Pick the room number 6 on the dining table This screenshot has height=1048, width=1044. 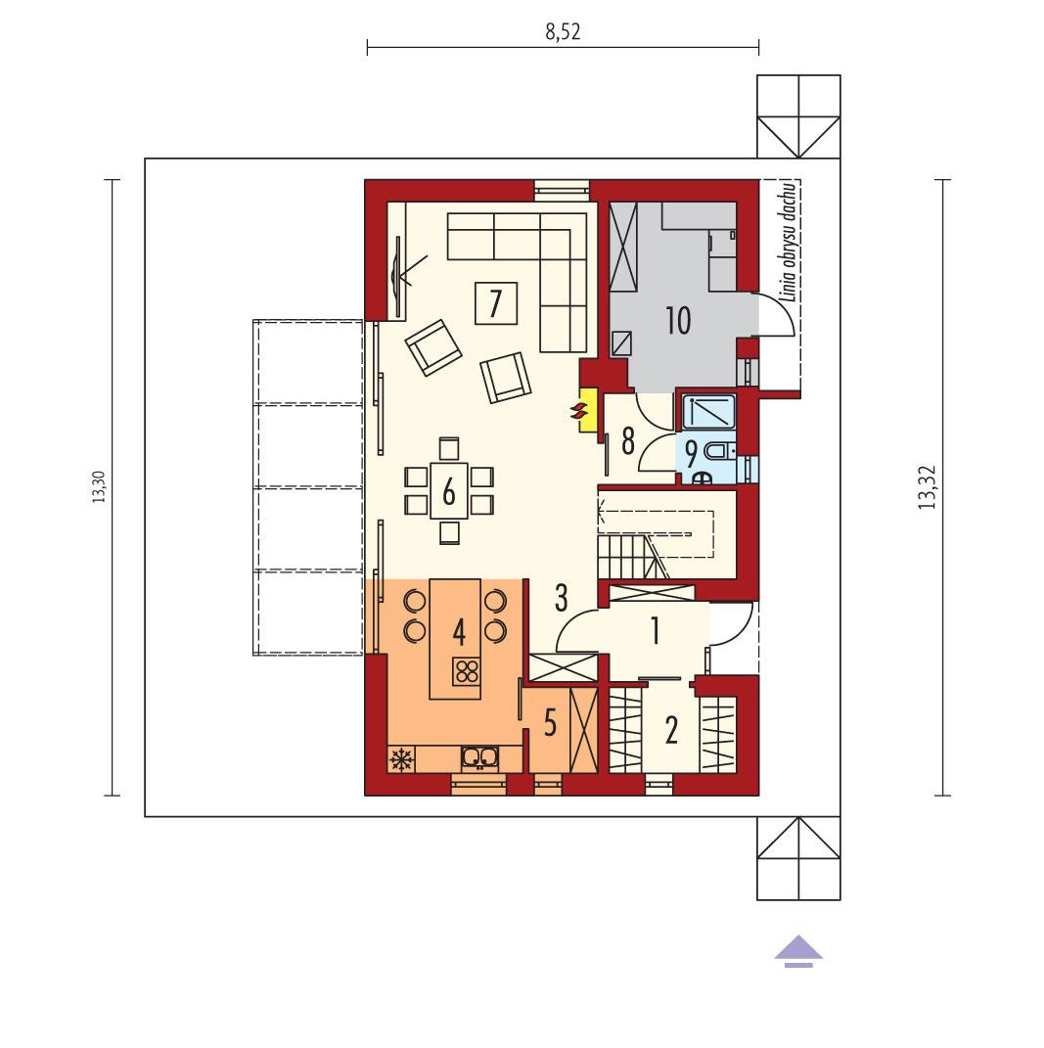448,490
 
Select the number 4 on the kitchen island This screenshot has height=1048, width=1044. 458,630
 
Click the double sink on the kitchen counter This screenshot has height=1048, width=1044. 479,755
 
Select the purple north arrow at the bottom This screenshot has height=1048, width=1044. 799,949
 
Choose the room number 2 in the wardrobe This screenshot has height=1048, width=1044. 671,729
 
